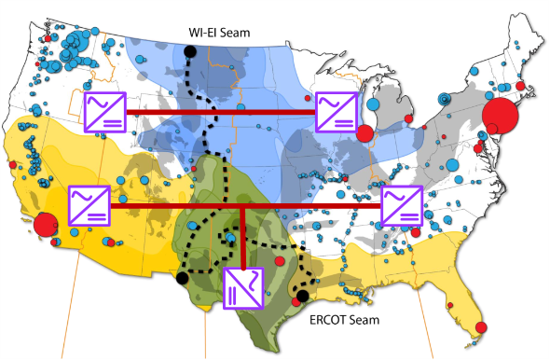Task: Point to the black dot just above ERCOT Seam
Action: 301,297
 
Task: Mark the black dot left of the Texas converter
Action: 182,277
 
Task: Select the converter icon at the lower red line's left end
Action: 89,205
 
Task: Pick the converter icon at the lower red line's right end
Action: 402,205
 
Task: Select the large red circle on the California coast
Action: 45,225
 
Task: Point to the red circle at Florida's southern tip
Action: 480,327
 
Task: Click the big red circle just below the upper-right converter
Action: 364,132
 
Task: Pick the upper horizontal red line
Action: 219,112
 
